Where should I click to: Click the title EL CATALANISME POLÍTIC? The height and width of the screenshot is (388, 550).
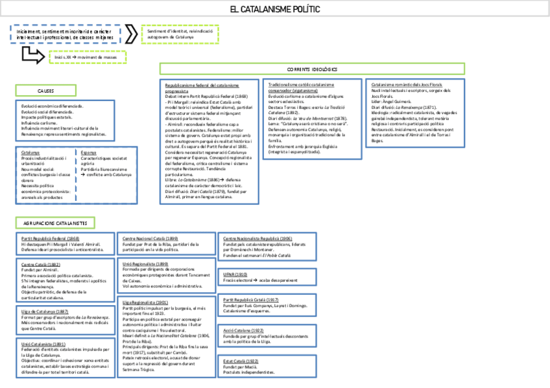[x=275, y=10]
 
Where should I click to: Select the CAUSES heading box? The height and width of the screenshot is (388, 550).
[x=45, y=91]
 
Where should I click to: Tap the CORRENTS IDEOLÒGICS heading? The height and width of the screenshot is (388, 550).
[x=312, y=69]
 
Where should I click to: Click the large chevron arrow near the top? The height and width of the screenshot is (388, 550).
[x=131, y=33]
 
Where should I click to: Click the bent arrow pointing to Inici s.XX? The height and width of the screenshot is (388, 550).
[x=32, y=55]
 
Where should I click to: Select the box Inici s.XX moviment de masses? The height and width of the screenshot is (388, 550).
[x=86, y=58]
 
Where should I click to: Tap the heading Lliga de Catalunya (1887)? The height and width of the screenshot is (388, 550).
[x=41, y=312]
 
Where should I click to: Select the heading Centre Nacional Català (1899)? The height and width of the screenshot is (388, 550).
[x=150, y=238]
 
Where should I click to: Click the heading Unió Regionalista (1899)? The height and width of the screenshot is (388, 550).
[x=145, y=264]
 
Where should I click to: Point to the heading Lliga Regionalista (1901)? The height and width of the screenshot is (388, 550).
[x=146, y=302]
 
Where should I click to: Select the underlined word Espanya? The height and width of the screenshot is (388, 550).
[x=88, y=152]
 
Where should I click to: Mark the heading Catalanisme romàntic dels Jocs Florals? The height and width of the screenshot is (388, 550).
[x=407, y=85]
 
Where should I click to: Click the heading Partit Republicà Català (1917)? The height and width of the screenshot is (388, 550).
[x=250, y=300]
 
